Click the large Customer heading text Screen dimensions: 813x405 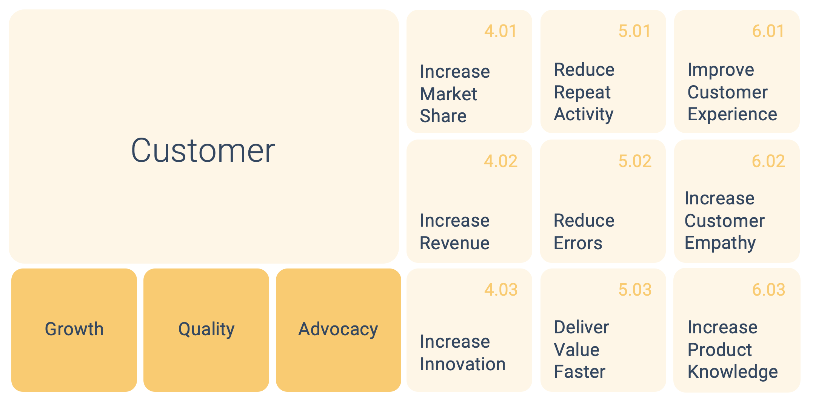pos(203,150)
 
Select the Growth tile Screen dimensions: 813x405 pos(74,330)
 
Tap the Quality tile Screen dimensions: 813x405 pos(206,330)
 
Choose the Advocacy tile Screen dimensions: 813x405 pos(338,330)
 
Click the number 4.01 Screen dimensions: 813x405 pos(500,31)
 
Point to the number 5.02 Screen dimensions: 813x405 pos(635,161)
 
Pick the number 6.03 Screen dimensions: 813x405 pos(768,290)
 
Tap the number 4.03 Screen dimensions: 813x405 pos(501,290)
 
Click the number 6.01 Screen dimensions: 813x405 pos(768,31)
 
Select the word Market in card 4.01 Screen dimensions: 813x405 pos(448,94)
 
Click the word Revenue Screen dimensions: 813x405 pos(454,243)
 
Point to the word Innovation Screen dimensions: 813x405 pos(463,364)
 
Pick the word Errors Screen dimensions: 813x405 pos(578,243)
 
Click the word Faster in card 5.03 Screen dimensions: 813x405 pos(579,371)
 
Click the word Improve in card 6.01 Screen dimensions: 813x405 pos(721,70)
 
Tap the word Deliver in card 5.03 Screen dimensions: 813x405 pos(581,327)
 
